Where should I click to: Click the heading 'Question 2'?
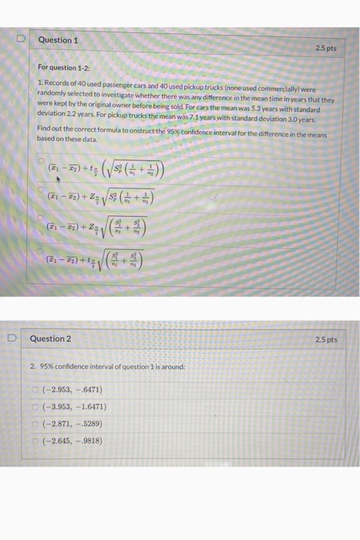[51, 339]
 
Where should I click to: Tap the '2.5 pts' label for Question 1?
[327, 48]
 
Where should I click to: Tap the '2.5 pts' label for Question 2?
[327, 339]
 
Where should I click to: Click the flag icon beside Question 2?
[12, 338]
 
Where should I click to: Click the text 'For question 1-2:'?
[63, 68]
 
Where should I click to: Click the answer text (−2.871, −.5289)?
[75, 423]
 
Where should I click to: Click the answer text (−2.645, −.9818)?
[75, 440]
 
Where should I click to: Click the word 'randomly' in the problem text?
[52, 92]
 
